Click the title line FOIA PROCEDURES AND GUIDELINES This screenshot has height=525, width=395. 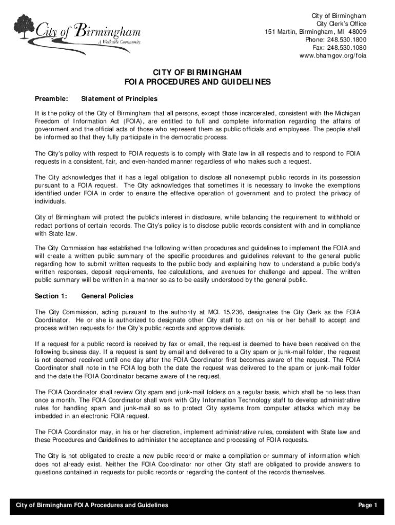point(197,82)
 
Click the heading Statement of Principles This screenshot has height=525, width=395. point(119,98)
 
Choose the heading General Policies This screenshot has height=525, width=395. point(107,296)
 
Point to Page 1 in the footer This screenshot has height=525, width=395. point(368,505)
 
